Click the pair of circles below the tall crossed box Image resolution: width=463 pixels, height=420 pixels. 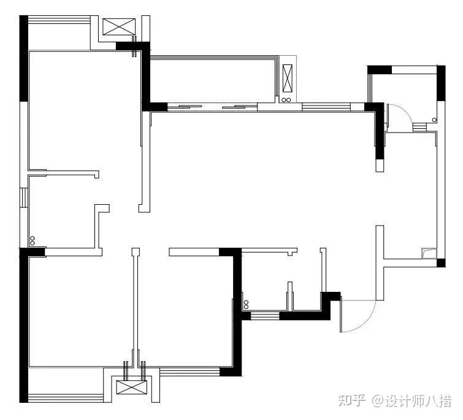[x=287, y=100]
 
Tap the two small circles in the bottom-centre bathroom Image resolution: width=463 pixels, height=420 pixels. [x=246, y=305]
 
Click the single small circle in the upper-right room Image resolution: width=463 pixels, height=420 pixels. [x=434, y=119]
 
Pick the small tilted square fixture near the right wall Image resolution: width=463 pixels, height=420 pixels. [x=428, y=253]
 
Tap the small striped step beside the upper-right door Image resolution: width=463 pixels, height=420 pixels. [x=419, y=126]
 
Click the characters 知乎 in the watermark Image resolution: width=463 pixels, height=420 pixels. [x=350, y=402]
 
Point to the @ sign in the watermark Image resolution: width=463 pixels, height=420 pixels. [x=375, y=402]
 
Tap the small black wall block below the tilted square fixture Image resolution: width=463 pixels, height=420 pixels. [x=440, y=264]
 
